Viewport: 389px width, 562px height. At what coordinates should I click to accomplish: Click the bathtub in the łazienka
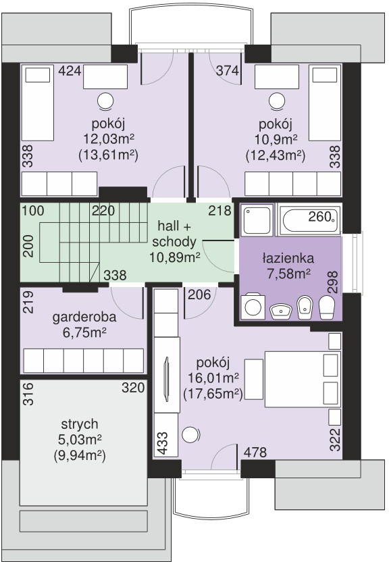309,220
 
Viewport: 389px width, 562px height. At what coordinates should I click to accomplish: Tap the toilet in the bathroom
326,307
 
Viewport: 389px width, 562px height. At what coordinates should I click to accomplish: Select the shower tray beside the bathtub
257,220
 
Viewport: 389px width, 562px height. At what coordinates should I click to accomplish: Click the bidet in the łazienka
305,307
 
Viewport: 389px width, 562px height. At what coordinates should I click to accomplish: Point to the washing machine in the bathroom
253,307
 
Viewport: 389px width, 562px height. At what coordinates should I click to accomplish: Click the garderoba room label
84,317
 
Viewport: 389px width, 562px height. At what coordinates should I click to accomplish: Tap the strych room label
79,424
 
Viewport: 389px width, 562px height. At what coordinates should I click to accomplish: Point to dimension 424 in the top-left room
70,71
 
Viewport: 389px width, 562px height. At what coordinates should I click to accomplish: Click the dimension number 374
228,71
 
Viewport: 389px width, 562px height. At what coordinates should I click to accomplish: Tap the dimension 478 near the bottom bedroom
255,453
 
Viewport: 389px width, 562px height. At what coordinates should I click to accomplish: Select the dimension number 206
199,295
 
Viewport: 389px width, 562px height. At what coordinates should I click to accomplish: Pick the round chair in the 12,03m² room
106,101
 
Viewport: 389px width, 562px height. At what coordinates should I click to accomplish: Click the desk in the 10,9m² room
276,77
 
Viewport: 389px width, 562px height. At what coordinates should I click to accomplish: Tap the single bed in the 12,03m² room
38,103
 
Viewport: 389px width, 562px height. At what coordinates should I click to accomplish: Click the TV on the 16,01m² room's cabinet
167,379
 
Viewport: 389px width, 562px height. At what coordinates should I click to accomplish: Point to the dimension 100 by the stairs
33,210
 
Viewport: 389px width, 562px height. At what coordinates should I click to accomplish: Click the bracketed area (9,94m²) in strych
80,456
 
